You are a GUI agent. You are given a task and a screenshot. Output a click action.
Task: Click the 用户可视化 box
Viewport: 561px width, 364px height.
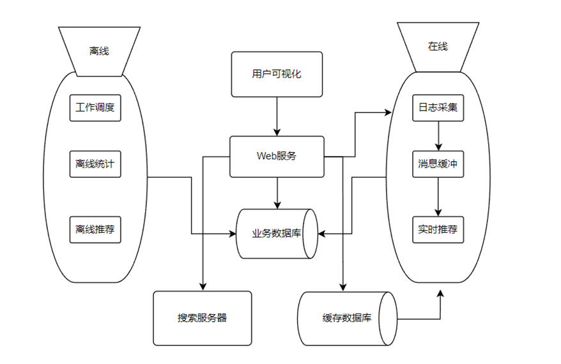click(277, 74)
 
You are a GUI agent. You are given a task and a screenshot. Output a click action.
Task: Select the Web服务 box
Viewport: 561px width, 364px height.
click(277, 156)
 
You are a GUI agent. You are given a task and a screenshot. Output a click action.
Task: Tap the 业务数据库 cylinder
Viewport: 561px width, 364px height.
click(277, 233)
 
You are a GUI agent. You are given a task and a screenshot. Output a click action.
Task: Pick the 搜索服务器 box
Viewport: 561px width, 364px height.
click(203, 318)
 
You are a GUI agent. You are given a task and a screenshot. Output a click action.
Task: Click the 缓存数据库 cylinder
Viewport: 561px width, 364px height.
click(347, 318)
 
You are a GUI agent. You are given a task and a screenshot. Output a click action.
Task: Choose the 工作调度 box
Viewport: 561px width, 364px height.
click(95, 107)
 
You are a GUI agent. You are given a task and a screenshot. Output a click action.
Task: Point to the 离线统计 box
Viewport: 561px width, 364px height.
click(95, 164)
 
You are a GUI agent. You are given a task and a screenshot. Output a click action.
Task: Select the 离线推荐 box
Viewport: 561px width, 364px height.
click(95, 229)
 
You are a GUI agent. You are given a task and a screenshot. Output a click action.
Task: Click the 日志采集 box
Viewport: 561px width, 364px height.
click(438, 107)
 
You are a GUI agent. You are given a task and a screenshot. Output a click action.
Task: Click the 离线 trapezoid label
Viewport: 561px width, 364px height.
click(99, 51)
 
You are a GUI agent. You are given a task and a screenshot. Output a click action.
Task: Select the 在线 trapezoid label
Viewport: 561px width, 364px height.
click(438, 47)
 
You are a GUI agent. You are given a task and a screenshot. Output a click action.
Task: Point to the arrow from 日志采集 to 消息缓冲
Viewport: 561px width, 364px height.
click(438, 135)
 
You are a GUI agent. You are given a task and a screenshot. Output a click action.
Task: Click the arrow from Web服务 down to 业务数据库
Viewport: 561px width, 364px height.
click(277, 193)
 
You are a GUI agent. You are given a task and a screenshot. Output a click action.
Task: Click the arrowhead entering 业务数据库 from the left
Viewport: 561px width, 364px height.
click(233, 233)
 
